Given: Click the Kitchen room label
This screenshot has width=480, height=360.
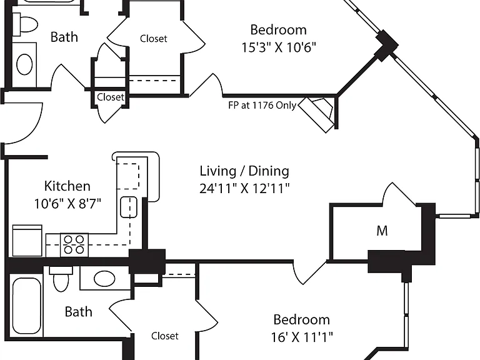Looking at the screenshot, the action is [x=67, y=186].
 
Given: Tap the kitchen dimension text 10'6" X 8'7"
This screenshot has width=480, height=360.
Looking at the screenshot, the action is [x=67, y=203].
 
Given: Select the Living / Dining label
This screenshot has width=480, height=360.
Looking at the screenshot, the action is [x=244, y=171].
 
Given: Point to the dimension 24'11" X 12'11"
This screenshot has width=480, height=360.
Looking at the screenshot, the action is [x=244, y=188].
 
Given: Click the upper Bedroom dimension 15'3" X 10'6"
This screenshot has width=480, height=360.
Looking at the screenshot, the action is [x=279, y=47].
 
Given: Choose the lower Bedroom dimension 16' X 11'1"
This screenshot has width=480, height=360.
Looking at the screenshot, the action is [x=301, y=337].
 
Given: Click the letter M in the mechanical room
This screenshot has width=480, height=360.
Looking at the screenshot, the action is [x=382, y=231].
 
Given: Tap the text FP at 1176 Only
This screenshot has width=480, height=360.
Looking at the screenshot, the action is [x=262, y=105].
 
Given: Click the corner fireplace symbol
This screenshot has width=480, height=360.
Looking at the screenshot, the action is [x=317, y=114].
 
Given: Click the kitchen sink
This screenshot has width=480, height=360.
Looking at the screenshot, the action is [x=129, y=207].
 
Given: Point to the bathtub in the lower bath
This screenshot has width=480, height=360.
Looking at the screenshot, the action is [x=27, y=306].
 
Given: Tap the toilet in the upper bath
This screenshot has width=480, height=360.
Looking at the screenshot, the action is [x=26, y=24].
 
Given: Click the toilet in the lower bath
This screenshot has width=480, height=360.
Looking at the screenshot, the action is [x=61, y=279].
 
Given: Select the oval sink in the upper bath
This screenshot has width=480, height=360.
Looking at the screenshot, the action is [x=24, y=64].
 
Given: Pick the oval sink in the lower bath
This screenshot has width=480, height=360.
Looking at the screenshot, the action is [x=104, y=279].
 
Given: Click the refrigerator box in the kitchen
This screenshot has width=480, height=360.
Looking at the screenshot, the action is [x=27, y=241].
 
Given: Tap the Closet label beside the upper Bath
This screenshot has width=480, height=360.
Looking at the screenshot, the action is [x=154, y=39].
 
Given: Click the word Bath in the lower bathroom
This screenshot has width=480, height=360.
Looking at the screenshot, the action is [x=78, y=312].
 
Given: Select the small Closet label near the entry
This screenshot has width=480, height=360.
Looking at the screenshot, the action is [x=111, y=97].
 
